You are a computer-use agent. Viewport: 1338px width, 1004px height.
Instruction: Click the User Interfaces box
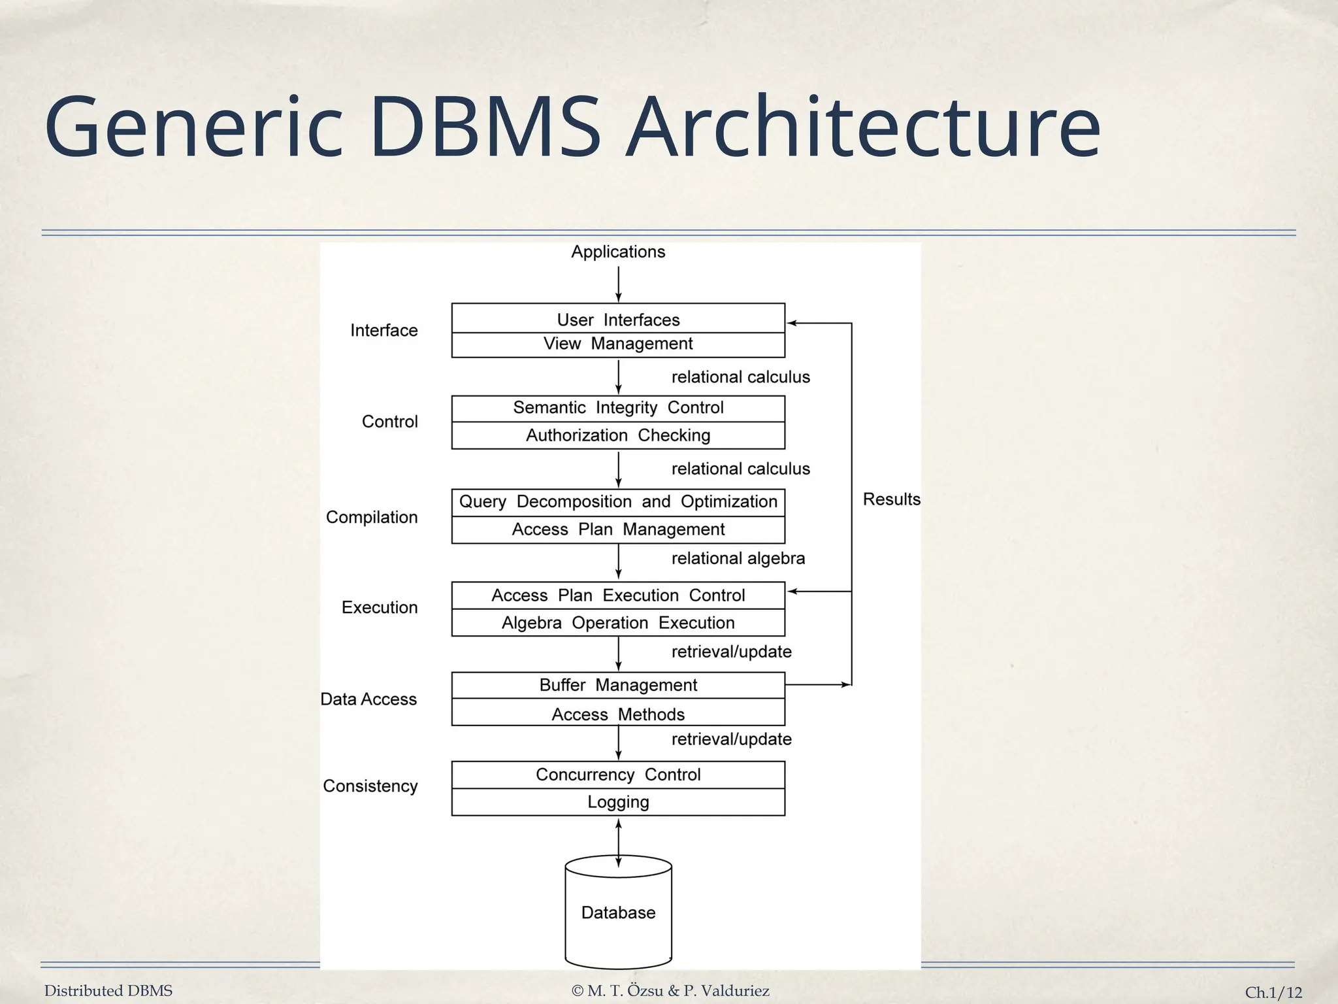(618, 319)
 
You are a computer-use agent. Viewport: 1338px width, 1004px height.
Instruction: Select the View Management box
(618, 344)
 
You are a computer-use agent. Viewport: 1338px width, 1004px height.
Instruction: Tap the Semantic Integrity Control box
(618, 409)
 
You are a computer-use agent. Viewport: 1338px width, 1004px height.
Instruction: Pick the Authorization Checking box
(618, 435)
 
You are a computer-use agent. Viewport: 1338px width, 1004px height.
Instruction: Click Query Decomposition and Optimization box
(618, 503)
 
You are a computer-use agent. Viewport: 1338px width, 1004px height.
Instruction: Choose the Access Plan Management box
(618, 529)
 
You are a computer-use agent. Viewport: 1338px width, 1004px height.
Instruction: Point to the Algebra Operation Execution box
(618, 623)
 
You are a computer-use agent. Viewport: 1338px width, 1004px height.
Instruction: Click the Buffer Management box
(618, 686)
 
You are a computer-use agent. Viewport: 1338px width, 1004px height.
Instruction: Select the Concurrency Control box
(618, 775)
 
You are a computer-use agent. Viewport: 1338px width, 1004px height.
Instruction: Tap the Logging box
(618, 802)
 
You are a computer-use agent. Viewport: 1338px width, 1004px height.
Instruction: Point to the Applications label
(618, 252)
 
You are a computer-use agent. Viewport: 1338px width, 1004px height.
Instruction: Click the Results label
(891, 499)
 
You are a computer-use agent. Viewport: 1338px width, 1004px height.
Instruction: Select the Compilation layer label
(372, 518)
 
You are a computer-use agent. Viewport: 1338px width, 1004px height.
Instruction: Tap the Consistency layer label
(370, 786)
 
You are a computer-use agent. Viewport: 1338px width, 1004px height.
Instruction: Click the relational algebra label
(738, 559)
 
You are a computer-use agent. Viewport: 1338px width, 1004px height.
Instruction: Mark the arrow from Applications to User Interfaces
(618, 284)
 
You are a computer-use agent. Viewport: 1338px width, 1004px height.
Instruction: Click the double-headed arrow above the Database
(618, 843)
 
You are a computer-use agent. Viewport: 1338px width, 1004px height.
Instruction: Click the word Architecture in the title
(864, 127)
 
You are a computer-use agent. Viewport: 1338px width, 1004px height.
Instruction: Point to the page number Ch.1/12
(1273, 992)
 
